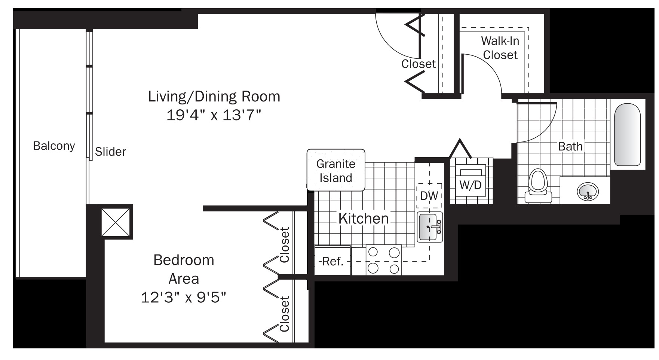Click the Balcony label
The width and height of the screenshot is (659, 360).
54,146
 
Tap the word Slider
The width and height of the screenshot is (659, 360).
110,152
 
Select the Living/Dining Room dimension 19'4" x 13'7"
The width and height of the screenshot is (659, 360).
214,115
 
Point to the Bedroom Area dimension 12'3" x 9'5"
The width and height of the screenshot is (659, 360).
184,298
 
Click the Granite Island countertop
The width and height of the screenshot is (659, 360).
336,170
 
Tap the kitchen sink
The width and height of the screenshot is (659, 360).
430,227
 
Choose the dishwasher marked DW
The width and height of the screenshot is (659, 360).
429,195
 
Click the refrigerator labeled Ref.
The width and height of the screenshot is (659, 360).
332,260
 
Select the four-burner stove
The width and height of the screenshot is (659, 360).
383,260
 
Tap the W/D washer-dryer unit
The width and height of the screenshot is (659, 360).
471,181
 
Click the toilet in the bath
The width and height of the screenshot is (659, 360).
538,186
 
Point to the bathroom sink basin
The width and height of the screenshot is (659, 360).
588,191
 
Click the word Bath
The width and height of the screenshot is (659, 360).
570,146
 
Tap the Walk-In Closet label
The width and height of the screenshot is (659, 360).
500,48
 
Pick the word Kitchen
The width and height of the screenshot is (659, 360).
364,218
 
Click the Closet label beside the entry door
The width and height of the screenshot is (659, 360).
419,64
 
